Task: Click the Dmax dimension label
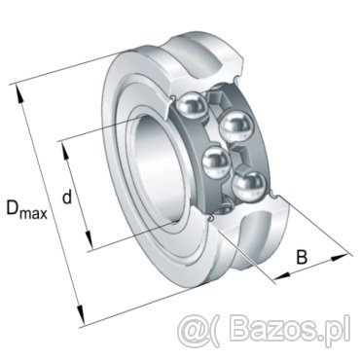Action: pos(27,209)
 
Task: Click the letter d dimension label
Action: pos(66,197)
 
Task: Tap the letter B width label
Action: pos(302,257)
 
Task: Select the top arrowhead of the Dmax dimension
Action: pos(18,94)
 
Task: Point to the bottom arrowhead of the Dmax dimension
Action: pos(81,314)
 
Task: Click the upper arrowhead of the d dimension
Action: pos(65,151)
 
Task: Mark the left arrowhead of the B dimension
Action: pos(281,276)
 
